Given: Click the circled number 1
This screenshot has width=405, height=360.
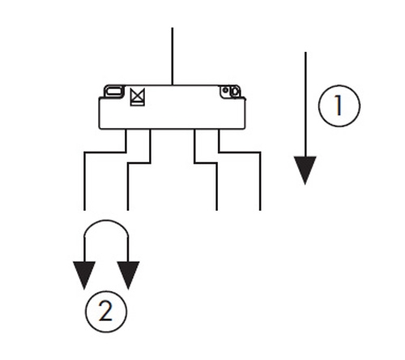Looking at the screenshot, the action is pos(339,105).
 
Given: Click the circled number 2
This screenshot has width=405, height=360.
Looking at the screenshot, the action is pos(106,311).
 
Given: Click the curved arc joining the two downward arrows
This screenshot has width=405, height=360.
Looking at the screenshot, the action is pos(106,221).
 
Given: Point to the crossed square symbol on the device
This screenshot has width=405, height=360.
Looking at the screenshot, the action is pos(138,97).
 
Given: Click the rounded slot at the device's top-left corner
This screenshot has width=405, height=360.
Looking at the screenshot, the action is pos(114,91).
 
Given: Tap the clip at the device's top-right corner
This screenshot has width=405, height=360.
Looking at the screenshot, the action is pos(230,92).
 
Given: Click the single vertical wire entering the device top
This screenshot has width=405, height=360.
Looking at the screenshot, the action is pos(173,56).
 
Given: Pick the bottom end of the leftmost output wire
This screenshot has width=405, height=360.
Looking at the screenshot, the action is pos(84,210).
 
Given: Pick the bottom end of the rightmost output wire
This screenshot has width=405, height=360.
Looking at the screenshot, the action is pos(260,210).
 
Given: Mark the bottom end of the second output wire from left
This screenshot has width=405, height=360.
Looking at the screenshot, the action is pos(128,210).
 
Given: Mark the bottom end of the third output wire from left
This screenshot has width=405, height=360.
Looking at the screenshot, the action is pos(217,210).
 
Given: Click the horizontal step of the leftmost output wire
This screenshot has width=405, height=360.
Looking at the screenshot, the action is pos(105,152).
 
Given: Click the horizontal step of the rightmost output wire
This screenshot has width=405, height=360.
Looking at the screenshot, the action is pos(240,152).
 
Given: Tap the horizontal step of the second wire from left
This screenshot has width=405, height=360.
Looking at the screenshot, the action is pos(139,163).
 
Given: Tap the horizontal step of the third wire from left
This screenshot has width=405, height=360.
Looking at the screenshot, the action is pos(206,163).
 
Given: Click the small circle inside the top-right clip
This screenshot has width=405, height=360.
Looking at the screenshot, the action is pos(226,90).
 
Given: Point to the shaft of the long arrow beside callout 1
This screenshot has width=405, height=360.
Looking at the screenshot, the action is pos(305,105).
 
